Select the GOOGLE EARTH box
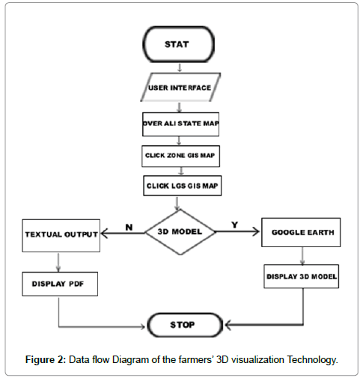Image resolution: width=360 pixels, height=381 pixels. (302, 232)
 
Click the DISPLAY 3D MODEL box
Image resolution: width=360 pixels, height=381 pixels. (302, 275)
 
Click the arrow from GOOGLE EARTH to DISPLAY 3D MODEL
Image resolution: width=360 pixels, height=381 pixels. (302, 254)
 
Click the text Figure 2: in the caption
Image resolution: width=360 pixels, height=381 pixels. (46, 360)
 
